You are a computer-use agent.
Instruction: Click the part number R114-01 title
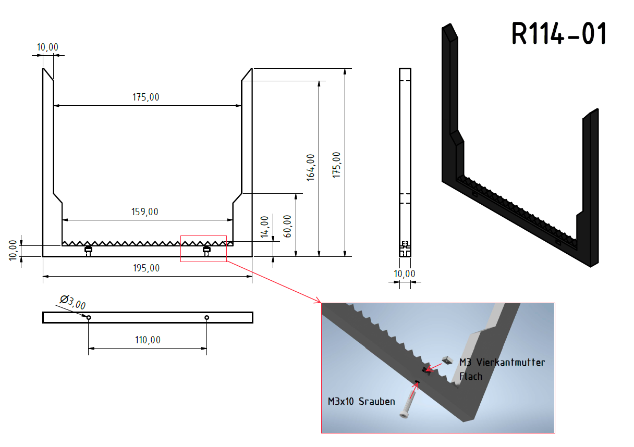[x=559, y=33]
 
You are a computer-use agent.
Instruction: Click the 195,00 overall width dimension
[x=147, y=268]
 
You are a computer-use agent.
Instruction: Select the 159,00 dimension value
[x=144, y=212]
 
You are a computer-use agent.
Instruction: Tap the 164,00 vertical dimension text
[x=311, y=167]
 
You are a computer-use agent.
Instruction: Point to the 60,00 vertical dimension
[x=287, y=226]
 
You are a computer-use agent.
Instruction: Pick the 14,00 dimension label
[x=264, y=227]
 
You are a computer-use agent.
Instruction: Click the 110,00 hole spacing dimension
[x=148, y=340]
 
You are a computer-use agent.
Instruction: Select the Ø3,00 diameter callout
[x=73, y=302]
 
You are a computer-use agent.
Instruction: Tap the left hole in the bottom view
[x=89, y=318]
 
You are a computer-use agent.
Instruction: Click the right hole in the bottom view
[x=207, y=318]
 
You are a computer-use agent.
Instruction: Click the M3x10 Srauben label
[x=361, y=402]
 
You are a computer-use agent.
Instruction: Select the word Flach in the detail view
[x=471, y=377]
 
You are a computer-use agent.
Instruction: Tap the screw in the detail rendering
[x=407, y=404]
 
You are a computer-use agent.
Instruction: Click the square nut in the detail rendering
[x=447, y=361]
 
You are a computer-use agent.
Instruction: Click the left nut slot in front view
[x=88, y=250]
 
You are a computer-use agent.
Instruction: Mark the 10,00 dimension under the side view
[x=405, y=274]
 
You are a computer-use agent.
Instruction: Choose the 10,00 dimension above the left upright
[x=47, y=47]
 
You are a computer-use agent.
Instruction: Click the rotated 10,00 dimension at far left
[x=13, y=250]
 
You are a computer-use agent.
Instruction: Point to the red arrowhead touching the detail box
[x=319, y=301]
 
